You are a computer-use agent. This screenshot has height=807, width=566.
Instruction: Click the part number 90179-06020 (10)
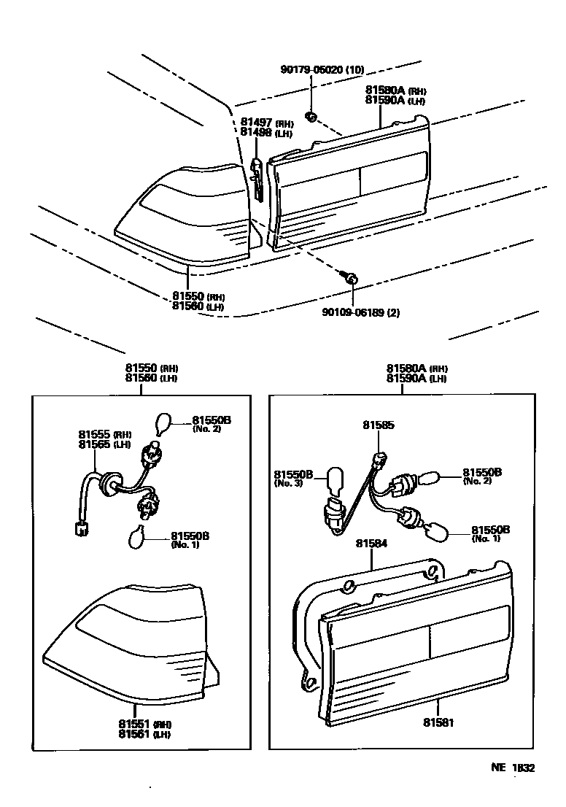[x=322, y=70]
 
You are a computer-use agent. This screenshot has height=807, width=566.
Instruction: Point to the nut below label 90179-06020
[x=310, y=116]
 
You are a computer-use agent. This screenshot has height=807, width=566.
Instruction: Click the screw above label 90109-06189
[x=349, y=277]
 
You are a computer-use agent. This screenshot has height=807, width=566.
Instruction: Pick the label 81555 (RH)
[x=104, y=434]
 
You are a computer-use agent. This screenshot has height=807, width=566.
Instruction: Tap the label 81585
[x=379, y=425]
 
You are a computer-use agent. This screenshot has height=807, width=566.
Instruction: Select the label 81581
[x=438, y=722]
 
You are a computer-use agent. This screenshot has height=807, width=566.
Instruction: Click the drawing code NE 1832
[x=512, y=768]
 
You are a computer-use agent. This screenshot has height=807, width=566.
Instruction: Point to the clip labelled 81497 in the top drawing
[x=256, y=175]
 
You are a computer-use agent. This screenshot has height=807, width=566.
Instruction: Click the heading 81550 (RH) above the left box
[x=151, y=368]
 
